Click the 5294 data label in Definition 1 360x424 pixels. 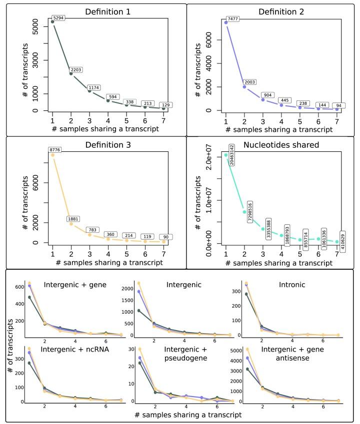(x=59, y=18)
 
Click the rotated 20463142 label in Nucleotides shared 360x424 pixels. (x=232, y=156)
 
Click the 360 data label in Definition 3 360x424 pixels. (x=111, y=234)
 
